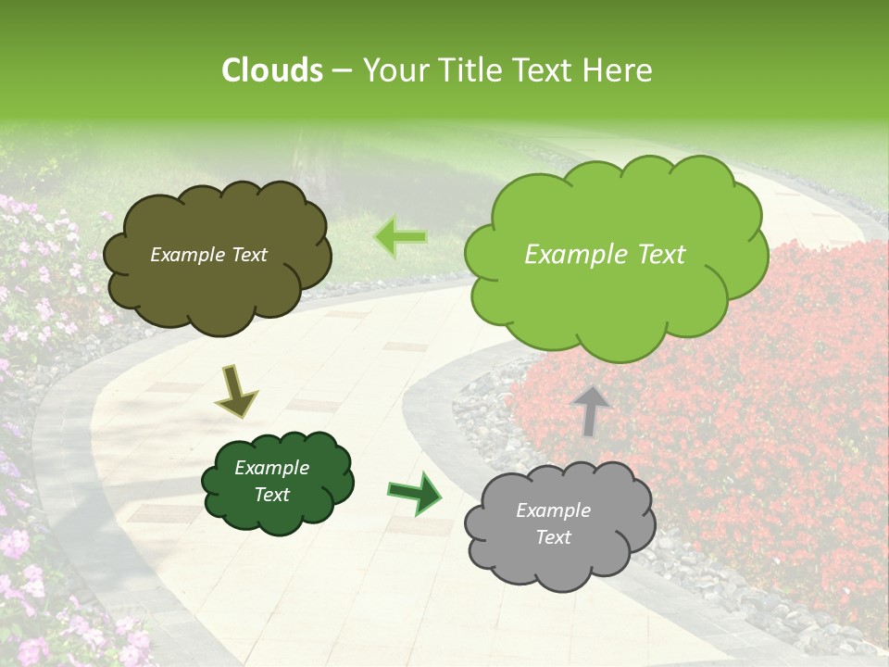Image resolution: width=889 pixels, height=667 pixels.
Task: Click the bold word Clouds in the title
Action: tap(272, 70)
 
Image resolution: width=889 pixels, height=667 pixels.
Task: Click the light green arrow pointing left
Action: tap(400, 237)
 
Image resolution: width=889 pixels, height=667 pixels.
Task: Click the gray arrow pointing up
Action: tap(591, 410)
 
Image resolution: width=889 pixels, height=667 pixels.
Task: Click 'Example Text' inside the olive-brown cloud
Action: tap(208, 255)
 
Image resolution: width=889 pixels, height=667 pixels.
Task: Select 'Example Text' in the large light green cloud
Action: tap(605, 255)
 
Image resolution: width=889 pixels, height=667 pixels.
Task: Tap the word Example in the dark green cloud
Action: tap(271, 468)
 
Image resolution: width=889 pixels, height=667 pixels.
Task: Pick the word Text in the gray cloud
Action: tap(553, 537)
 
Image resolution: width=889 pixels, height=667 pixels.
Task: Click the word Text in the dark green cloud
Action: tap(271, 495)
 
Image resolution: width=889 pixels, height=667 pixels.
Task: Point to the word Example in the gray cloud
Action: tap(553, 510)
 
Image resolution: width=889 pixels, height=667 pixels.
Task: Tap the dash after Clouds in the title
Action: tap(341, 70)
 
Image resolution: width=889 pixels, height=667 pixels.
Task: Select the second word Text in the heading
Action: tap(545, 70)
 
